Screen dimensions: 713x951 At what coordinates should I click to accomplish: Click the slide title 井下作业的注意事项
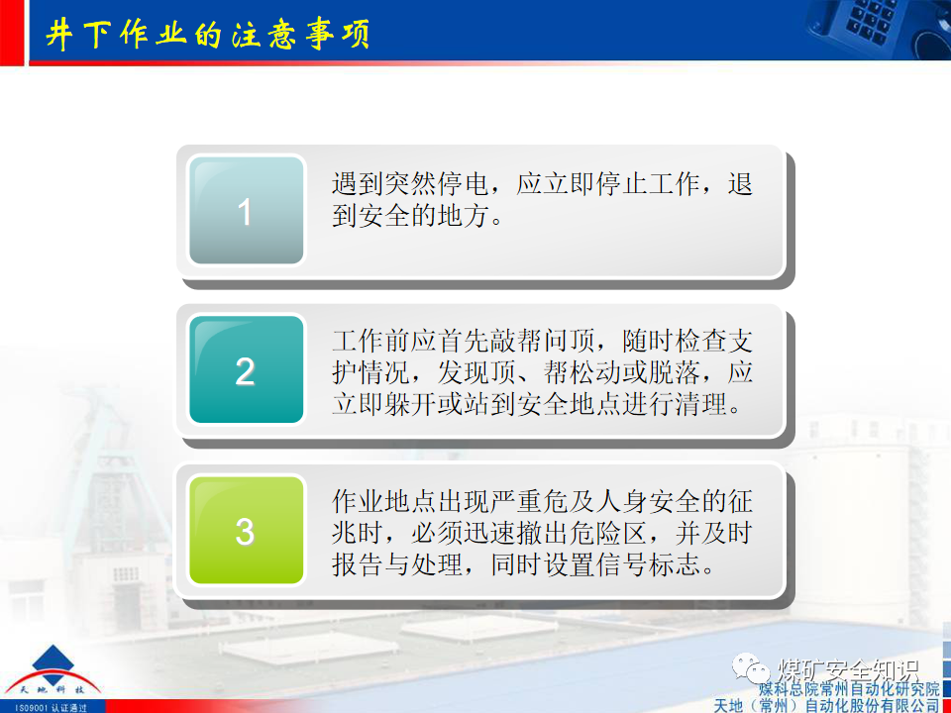tap(208, 34)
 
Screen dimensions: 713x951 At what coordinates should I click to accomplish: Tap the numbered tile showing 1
tap(246, 211)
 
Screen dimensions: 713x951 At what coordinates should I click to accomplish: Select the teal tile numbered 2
tap(246, 371)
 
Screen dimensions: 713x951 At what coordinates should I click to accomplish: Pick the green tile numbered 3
tap(246, 532)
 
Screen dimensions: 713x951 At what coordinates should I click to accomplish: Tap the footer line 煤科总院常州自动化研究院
tap(848, 688)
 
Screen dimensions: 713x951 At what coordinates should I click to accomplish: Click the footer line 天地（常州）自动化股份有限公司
tap(826, 704)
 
